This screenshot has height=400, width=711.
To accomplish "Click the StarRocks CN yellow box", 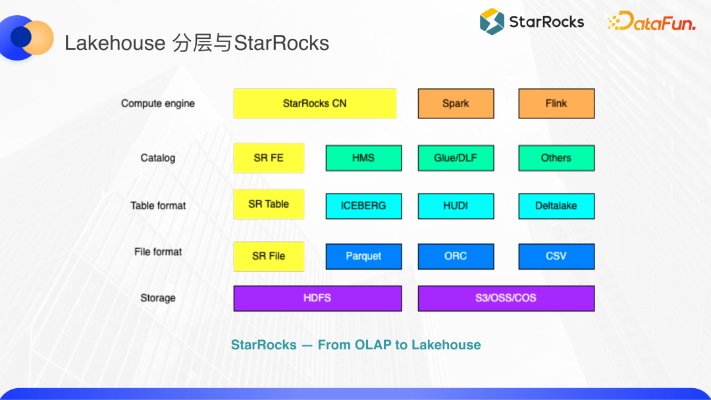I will (x=315, y=103).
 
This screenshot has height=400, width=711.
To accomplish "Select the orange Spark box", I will (x=456, y=103).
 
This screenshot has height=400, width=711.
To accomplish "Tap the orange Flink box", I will (x=556, y=103).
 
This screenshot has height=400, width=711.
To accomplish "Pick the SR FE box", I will (x=269, y=158).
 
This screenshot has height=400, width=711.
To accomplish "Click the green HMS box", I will (x=363, y=158).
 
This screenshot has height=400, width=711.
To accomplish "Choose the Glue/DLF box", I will (x=456, y=158).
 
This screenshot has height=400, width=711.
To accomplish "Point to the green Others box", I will (x=556, y=158).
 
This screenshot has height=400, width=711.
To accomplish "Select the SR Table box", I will (x=269, y=205).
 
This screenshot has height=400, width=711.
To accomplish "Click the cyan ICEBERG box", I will (x=363, y=206).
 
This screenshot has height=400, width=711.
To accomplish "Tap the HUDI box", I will (x=456, y=206).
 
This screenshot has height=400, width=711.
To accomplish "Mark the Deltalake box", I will (x=556, y=206).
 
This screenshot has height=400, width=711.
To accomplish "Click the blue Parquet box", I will (x=363, y=257).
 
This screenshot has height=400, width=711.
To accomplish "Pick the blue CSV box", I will (x=556, y=257).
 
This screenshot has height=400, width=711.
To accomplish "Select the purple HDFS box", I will (x=317, y=298).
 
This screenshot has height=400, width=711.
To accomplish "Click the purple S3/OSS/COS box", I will (x=506, y=298).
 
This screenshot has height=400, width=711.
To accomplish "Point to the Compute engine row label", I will (x=158, y=103).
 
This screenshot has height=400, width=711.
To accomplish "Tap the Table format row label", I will (x=158, y=206).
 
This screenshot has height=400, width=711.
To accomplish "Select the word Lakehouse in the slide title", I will (x=115, y=43).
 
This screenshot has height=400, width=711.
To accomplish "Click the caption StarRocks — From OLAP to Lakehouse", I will (x=355, y=345).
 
